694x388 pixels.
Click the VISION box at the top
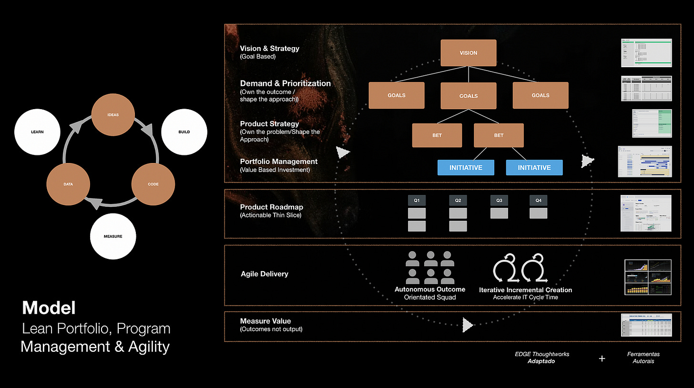tap(469, 53)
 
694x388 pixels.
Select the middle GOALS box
tap(469, 96)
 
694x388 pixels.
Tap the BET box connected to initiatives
tap(499, 135)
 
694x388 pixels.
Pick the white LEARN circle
tap(37, 132)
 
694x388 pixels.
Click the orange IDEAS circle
tap(113, 115)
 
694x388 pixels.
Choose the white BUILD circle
tap(184, 132)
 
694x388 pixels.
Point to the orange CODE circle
tap(153, 184)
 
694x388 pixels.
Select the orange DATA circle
tap(68, 184)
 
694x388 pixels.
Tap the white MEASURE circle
tap(113, 236)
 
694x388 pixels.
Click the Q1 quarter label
tap(417, 201)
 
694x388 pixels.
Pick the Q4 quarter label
tap(539, 201)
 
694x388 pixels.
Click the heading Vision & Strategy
tap(270, 48)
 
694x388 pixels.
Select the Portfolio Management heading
tap(279, 162)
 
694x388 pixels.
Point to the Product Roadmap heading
tap(271, 207)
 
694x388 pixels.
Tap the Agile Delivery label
tap(265, 274)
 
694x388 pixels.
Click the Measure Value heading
tap(265, 321)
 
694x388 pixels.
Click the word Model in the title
tap(49, 308)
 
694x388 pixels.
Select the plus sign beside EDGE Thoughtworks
tap(602, 358)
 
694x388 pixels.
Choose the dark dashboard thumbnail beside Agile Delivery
tap(648, 277)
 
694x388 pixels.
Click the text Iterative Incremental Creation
tap(525, 290)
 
